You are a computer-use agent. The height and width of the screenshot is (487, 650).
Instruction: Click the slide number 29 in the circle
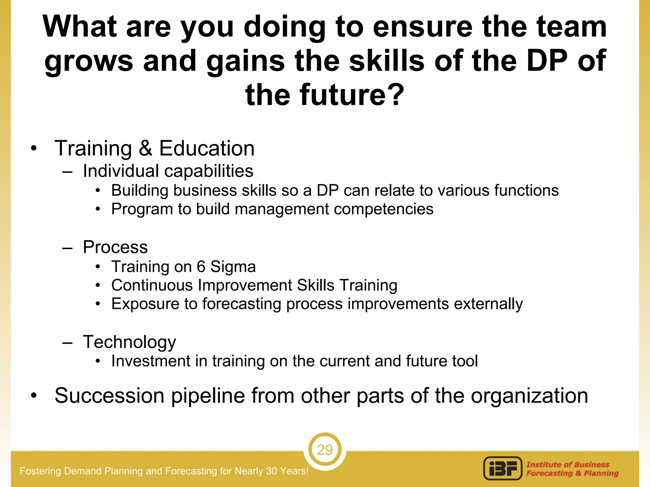coord(325,450)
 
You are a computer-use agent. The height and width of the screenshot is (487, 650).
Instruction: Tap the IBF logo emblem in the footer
coord(503,469)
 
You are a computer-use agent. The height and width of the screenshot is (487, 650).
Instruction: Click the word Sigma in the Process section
coord(233,267)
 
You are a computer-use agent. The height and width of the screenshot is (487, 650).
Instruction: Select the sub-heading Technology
coord(129,342)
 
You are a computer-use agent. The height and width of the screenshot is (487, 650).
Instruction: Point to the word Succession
coord(109,396)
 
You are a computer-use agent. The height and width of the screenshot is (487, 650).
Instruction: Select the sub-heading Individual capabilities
coord(168,171)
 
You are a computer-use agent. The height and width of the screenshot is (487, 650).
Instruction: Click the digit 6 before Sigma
coord(201,267)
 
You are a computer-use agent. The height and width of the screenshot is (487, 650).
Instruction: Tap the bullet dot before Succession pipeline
coord(34,396)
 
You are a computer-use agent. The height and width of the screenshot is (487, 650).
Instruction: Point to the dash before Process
coord(68,248)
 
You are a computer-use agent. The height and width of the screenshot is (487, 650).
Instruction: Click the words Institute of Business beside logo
coord(568,464)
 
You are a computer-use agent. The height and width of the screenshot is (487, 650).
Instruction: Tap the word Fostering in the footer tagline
coord(41,471)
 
